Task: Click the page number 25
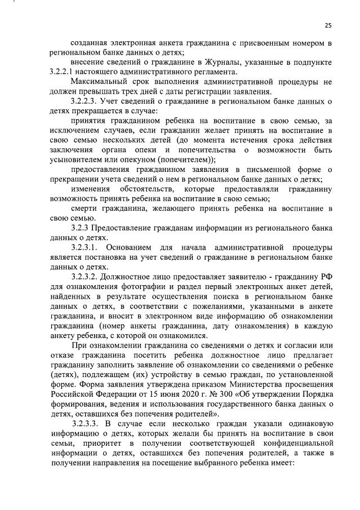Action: (x=328, y=25)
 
